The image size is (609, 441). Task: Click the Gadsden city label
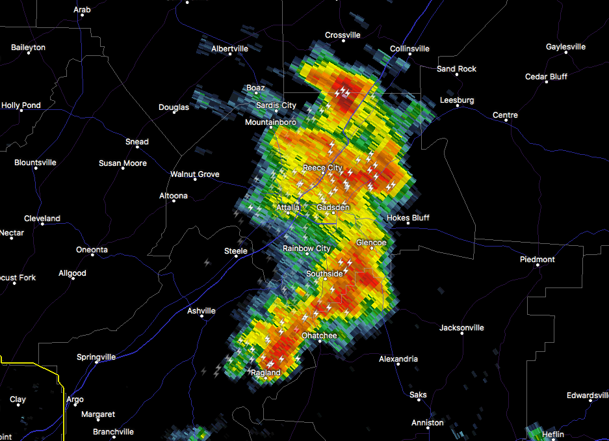[333, 207]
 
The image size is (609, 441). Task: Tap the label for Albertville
[229, 49]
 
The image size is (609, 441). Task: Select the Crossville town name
[343, 35]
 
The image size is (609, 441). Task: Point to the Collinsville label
[409, 49]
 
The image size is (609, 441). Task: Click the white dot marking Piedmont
[538, 267]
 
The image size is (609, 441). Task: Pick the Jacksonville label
[461, 328]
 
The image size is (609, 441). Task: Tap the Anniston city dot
[427, 430]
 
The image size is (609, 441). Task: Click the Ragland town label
[266, 373]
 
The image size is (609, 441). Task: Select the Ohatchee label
[319, 336]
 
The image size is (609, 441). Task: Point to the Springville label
[96, 357]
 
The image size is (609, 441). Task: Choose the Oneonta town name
[92, 250]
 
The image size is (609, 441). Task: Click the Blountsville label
[35, 163]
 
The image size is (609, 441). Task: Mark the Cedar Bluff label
[546, 77]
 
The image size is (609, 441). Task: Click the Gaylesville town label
[565, 47]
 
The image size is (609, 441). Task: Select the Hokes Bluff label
[408, 218]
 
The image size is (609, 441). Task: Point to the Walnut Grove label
[194, 174]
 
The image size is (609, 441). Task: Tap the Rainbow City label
[306, 248]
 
